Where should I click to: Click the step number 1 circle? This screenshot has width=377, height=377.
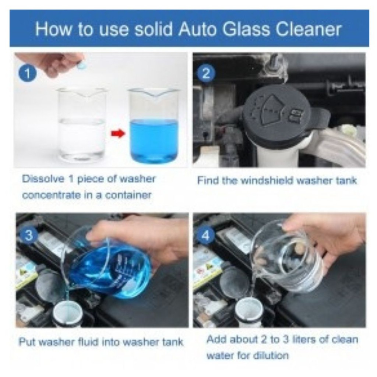(28, 73)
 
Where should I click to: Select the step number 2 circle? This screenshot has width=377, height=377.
(206, 73)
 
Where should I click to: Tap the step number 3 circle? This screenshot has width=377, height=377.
(29, 235)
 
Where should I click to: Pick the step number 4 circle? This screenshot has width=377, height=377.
(206, 235)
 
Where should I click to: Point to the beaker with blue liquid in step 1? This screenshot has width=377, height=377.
(154, 125)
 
